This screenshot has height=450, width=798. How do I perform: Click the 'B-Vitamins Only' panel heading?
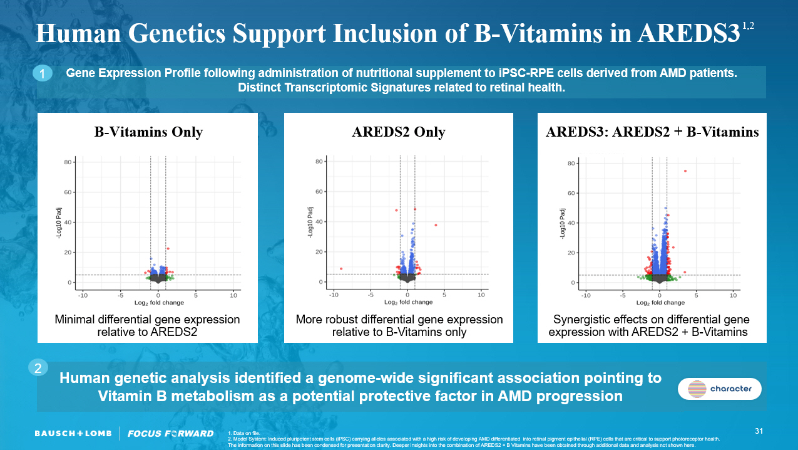coord(148,132)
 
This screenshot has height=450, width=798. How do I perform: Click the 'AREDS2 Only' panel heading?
coord(399,132)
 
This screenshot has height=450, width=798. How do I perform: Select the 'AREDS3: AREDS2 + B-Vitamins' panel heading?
coord(652,132)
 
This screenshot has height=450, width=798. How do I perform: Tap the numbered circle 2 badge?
coord(38,369)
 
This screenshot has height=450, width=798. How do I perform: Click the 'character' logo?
coord(720,389)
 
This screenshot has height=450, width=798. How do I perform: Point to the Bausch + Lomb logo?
coord(73,434)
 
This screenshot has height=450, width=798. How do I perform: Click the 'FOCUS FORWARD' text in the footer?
coord(170,434)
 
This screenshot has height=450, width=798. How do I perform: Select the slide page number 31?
coord(759,431)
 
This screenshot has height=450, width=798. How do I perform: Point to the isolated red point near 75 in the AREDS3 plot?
coord(685,171)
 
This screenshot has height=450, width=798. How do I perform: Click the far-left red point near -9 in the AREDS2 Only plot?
coord(341,269)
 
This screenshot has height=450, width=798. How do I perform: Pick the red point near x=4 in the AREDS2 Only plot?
coord(436,225)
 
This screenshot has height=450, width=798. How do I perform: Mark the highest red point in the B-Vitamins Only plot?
coord(168,249)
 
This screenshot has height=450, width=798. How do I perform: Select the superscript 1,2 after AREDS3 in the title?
coord(748,26)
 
